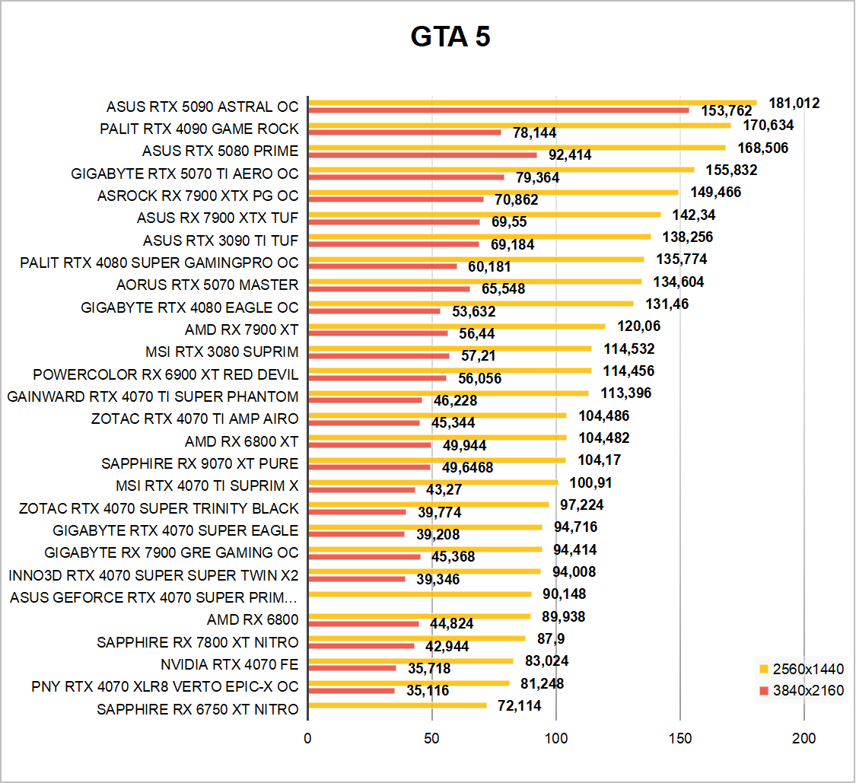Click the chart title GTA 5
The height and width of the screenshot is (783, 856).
pyautogui.click(x=450, y=37)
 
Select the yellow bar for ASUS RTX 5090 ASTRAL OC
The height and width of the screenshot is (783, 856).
pyautogui.click(x=532, y=103)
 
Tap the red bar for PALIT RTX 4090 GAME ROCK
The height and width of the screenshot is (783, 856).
pyautogui.click(x=404, y=132)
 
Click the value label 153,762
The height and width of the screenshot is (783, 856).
pyautogui.click(x=726, y=111)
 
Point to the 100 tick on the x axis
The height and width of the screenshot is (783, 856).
pyautogui.click(x=556, y=738)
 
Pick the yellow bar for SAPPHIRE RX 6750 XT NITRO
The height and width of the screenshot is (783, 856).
pyautogui.click(x=397, y=705)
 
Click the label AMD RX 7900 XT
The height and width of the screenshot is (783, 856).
pyautogui.click(x=241, y=329)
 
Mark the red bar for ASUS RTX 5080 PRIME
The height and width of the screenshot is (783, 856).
pyautogui.click(x=422, y=154)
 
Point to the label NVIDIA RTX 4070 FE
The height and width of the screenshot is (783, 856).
pyautogui.click(x=229, y=664)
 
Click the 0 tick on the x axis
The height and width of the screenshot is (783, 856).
pyautogui.click(x=307, y=738)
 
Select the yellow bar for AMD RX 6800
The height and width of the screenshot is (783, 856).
pyautogui.click(x=419, y=616)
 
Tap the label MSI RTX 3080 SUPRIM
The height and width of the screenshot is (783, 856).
pyautogui.click(x=221, y=352)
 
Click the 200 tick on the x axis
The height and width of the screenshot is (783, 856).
pyautogui.click(x=804, y=738)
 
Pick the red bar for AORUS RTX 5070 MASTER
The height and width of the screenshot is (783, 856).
pyautogui.click(x=389, y=289)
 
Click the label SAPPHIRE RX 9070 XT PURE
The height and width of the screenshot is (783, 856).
pyautogui.click(x=199, y=463)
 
